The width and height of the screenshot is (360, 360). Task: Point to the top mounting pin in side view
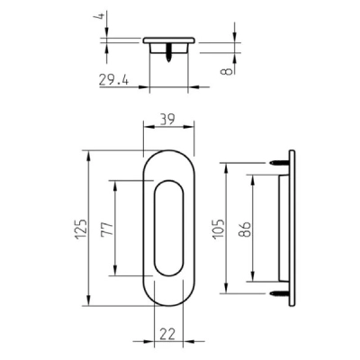coord(276,163)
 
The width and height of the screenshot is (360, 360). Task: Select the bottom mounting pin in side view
coord(276,292)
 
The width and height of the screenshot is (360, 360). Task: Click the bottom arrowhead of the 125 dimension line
coord(88,306)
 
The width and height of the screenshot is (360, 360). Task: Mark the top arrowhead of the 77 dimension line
coord(114,183)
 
